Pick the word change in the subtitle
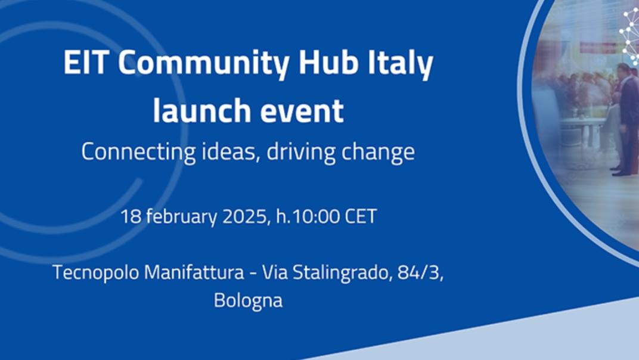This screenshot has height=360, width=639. pos(378,152)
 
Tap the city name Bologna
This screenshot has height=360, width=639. pos(248,300)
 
